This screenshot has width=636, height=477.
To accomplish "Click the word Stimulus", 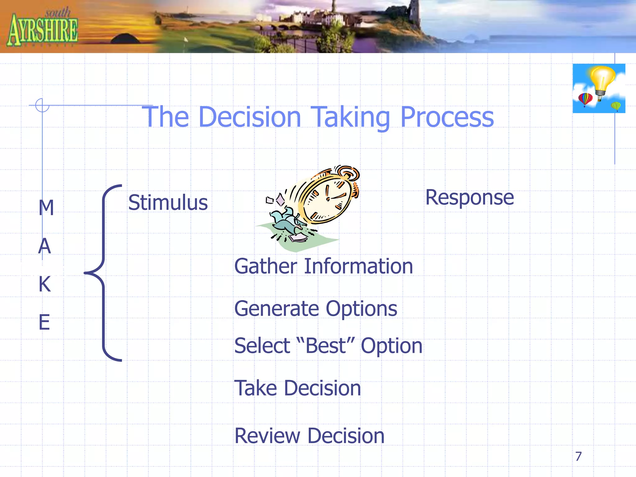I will (x=168, y=202).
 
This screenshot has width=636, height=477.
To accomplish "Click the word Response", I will (x=469, y=198).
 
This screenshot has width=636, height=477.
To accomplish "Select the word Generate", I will (x=276, y=309).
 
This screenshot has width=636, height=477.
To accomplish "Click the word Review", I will (x=267, y=436).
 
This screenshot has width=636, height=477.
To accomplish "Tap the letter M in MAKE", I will (x=46, y=207).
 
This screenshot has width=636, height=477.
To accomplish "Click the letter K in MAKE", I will (x=45, y=284).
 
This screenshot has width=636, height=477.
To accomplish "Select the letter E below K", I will (x=44, y=322).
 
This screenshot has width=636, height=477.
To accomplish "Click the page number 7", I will (x=578, y=457).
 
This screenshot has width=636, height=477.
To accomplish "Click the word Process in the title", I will (x=447, y=117).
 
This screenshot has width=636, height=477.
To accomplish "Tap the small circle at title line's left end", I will (x=42, y=105).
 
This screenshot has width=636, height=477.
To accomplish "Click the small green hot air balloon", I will (x=616, y=106).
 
